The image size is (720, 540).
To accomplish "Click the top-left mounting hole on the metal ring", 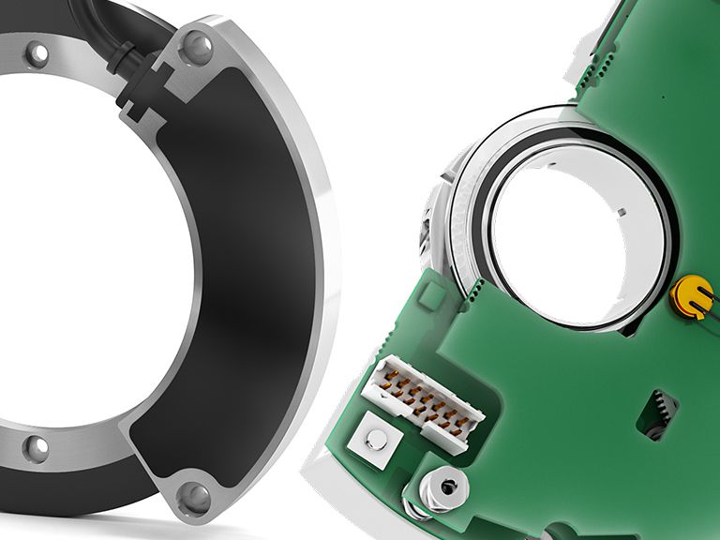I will pyautogui.click(x=38, y=55).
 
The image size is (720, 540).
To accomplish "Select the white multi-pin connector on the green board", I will pyautogui.click(x=423, y=398).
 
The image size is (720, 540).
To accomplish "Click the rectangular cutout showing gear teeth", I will pyautogui.click(x=658, y=413).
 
